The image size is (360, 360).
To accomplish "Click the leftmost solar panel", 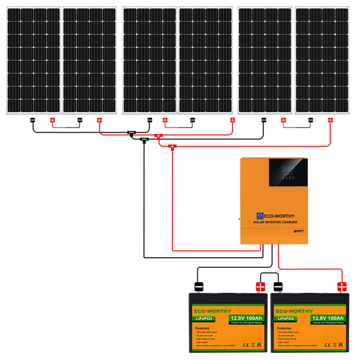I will (x=33, y=60).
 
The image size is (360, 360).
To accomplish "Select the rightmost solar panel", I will (x=322, y=60).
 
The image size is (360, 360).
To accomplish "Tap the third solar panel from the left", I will (x=149, y=60).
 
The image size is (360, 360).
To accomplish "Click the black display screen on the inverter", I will (x=288, y=172).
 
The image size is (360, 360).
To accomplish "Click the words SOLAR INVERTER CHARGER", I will (x=275, y=222).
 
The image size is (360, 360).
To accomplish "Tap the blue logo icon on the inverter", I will (x=260, y=216).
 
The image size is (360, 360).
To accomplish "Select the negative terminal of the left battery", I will (x=199, y=287).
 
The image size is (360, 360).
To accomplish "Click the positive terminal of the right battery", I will (x=342, y=287).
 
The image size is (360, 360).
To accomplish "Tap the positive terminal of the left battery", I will (x=260, y=287).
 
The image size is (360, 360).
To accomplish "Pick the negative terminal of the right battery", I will (x=279, y=287).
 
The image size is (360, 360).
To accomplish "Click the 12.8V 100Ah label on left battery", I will (x=246, y=318).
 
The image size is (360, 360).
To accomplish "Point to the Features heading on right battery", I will (x=284, y=328).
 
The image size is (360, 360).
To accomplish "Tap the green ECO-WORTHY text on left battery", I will (x=213, y=311).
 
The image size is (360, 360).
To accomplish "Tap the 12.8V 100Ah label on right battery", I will (x=327, y=318).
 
